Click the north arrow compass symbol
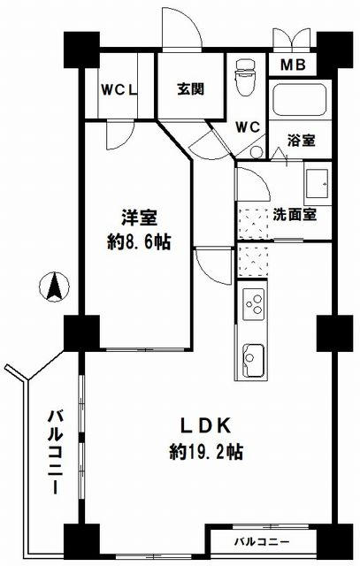[x=54, y=287]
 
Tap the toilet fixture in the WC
[x=245, y=78]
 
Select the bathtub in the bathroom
[x=300, y=100]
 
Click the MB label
[x=293, y=65]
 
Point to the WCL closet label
[x=119, y=90]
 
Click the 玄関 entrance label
[x=191, y=89]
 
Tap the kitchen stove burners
[x=254, y=304]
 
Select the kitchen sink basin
[x=253, y=360]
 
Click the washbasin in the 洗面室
[x=318, y=184]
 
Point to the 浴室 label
[x=302, y=140]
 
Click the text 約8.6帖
[x=139, y=242]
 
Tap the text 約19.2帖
[x=206, y=451]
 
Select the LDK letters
[x=206, y=426]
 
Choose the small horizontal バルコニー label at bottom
[x=262, y=542]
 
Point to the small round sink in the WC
[x=257, y=152]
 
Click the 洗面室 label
[x=295, y=215]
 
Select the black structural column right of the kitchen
[x=334, y=333]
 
